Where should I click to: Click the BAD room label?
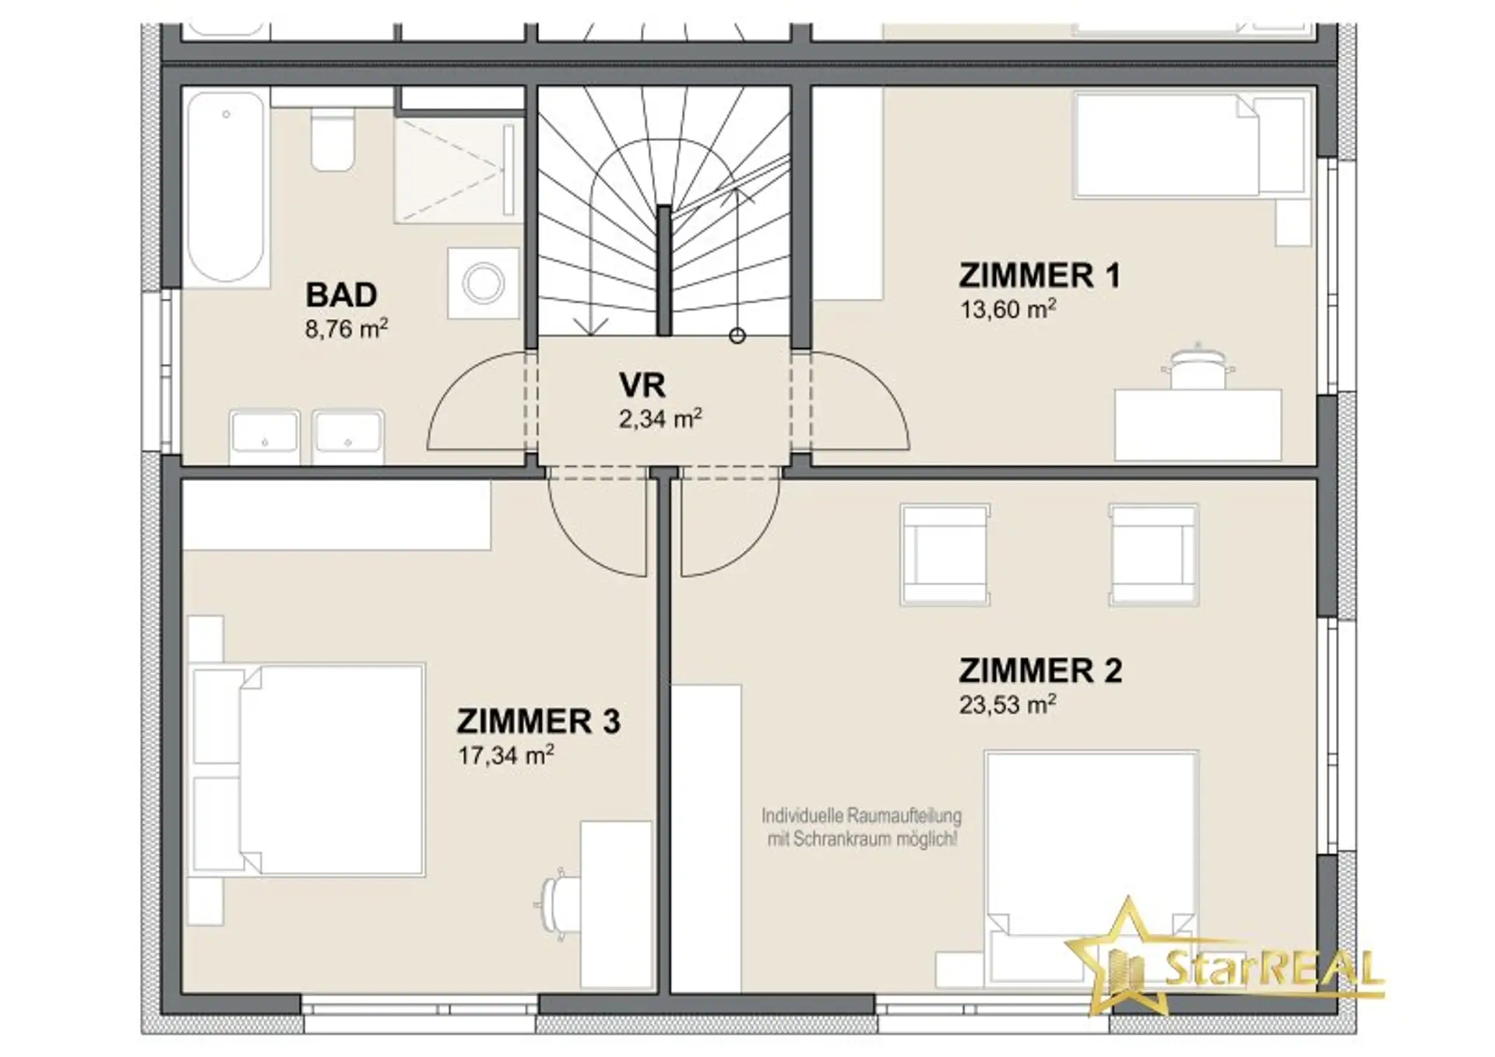point(341,295)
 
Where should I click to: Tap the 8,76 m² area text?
point(346,328)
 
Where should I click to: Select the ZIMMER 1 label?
point(1039,276)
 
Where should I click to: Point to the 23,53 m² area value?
point(1008,704)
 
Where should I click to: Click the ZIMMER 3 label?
point(539,722)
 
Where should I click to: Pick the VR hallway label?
point(642,385)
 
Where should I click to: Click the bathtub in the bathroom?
point(226,188)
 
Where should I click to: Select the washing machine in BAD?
point(483,283)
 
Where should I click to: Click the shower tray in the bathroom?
point(458,170)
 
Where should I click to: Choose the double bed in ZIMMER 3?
point(308,770)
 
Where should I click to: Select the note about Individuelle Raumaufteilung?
point(862,827)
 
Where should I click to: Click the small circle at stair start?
point(737,335)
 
